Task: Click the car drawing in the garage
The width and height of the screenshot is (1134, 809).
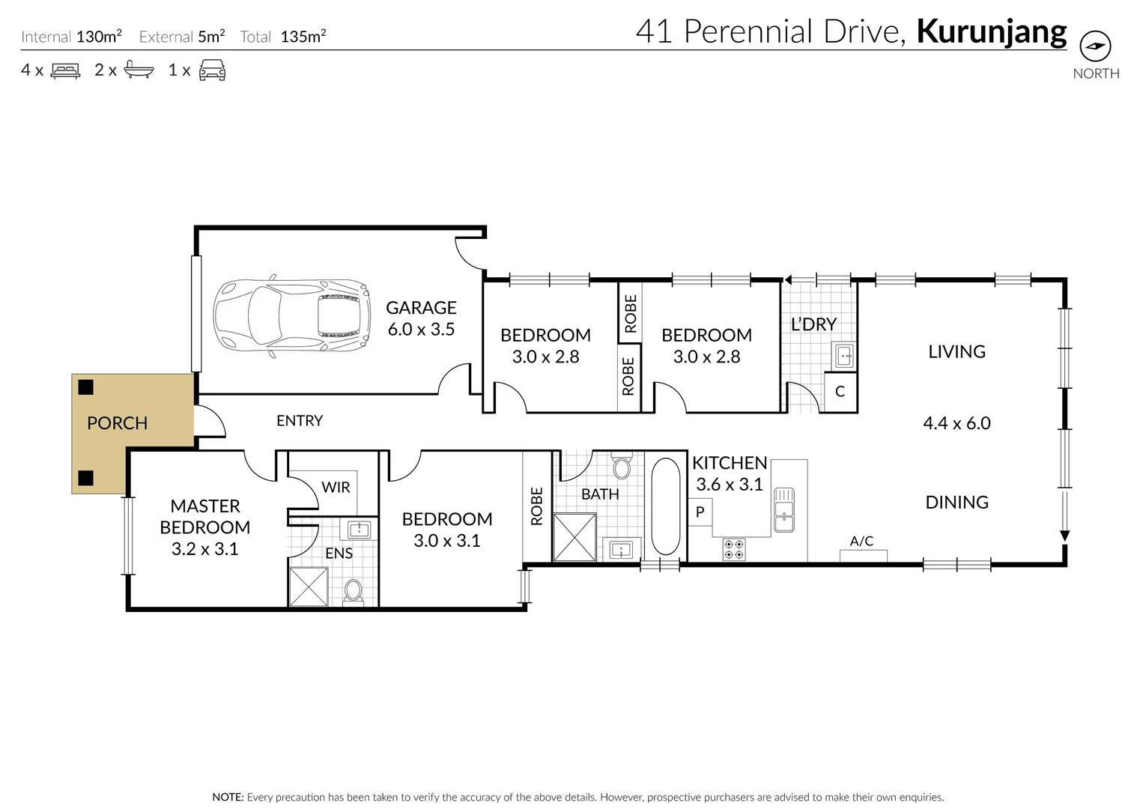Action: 292,316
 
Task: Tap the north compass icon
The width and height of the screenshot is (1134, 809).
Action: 1095,46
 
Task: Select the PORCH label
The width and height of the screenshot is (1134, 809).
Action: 117,423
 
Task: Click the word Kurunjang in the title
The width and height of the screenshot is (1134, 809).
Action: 991,32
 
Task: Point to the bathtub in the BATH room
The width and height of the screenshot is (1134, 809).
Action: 665,506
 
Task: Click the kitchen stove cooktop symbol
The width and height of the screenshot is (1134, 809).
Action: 734,549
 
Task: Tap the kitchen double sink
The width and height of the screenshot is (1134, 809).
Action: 783,509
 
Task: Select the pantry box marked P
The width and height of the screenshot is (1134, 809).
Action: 700,513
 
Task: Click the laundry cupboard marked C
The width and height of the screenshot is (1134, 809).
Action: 840,392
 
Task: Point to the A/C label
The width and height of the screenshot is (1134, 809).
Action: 861,541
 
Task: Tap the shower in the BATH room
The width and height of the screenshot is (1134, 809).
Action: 574,537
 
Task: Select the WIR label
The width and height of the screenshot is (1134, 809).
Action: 336,488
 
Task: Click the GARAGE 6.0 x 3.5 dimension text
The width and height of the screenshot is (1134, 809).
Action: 421,330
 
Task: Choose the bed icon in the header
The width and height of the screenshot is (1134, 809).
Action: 65,71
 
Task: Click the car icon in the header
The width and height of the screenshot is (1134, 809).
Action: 212,71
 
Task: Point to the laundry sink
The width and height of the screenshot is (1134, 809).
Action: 844,356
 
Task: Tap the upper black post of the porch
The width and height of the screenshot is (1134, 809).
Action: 86,387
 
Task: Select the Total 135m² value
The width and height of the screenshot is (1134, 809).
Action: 303,37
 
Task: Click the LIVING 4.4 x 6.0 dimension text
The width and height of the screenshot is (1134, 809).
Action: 956,423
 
